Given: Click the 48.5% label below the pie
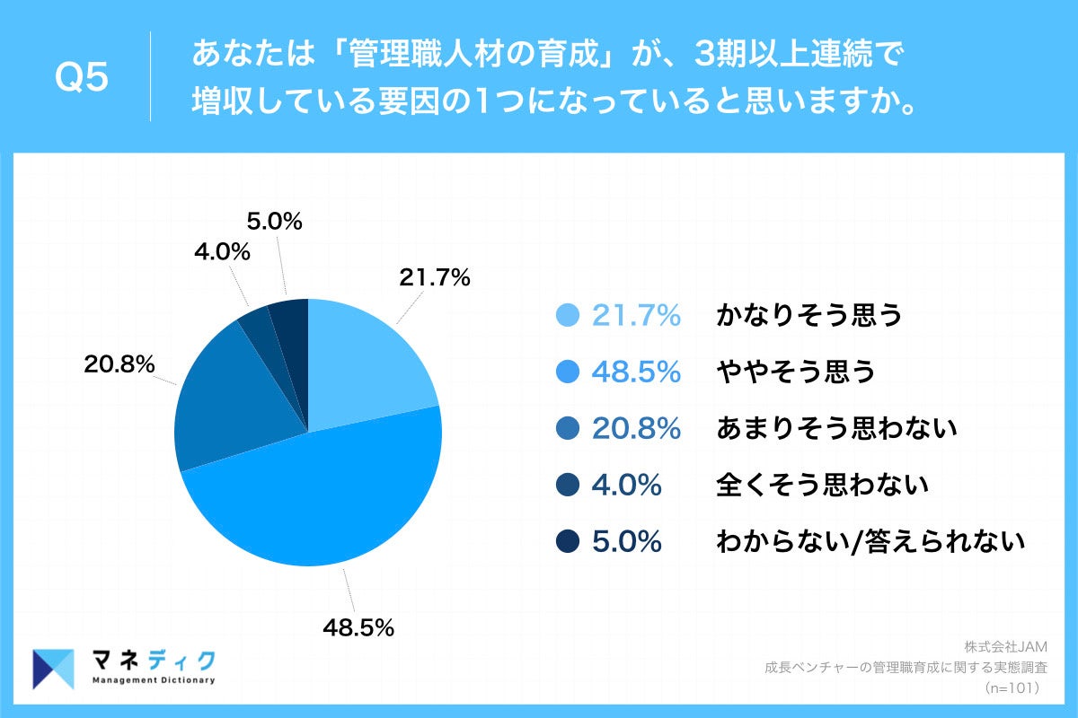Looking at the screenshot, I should pos(358,628).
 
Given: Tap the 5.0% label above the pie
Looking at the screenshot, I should pos(274,221).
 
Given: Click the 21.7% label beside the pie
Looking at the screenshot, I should pos(435,278).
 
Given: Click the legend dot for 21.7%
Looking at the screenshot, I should pos(568,315).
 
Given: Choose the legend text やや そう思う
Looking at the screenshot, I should pos(795,372).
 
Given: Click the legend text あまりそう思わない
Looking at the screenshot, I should pos(836,429).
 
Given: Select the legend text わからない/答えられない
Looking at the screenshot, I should pos(870,541).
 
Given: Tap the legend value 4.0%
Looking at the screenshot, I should pos(626,486).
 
